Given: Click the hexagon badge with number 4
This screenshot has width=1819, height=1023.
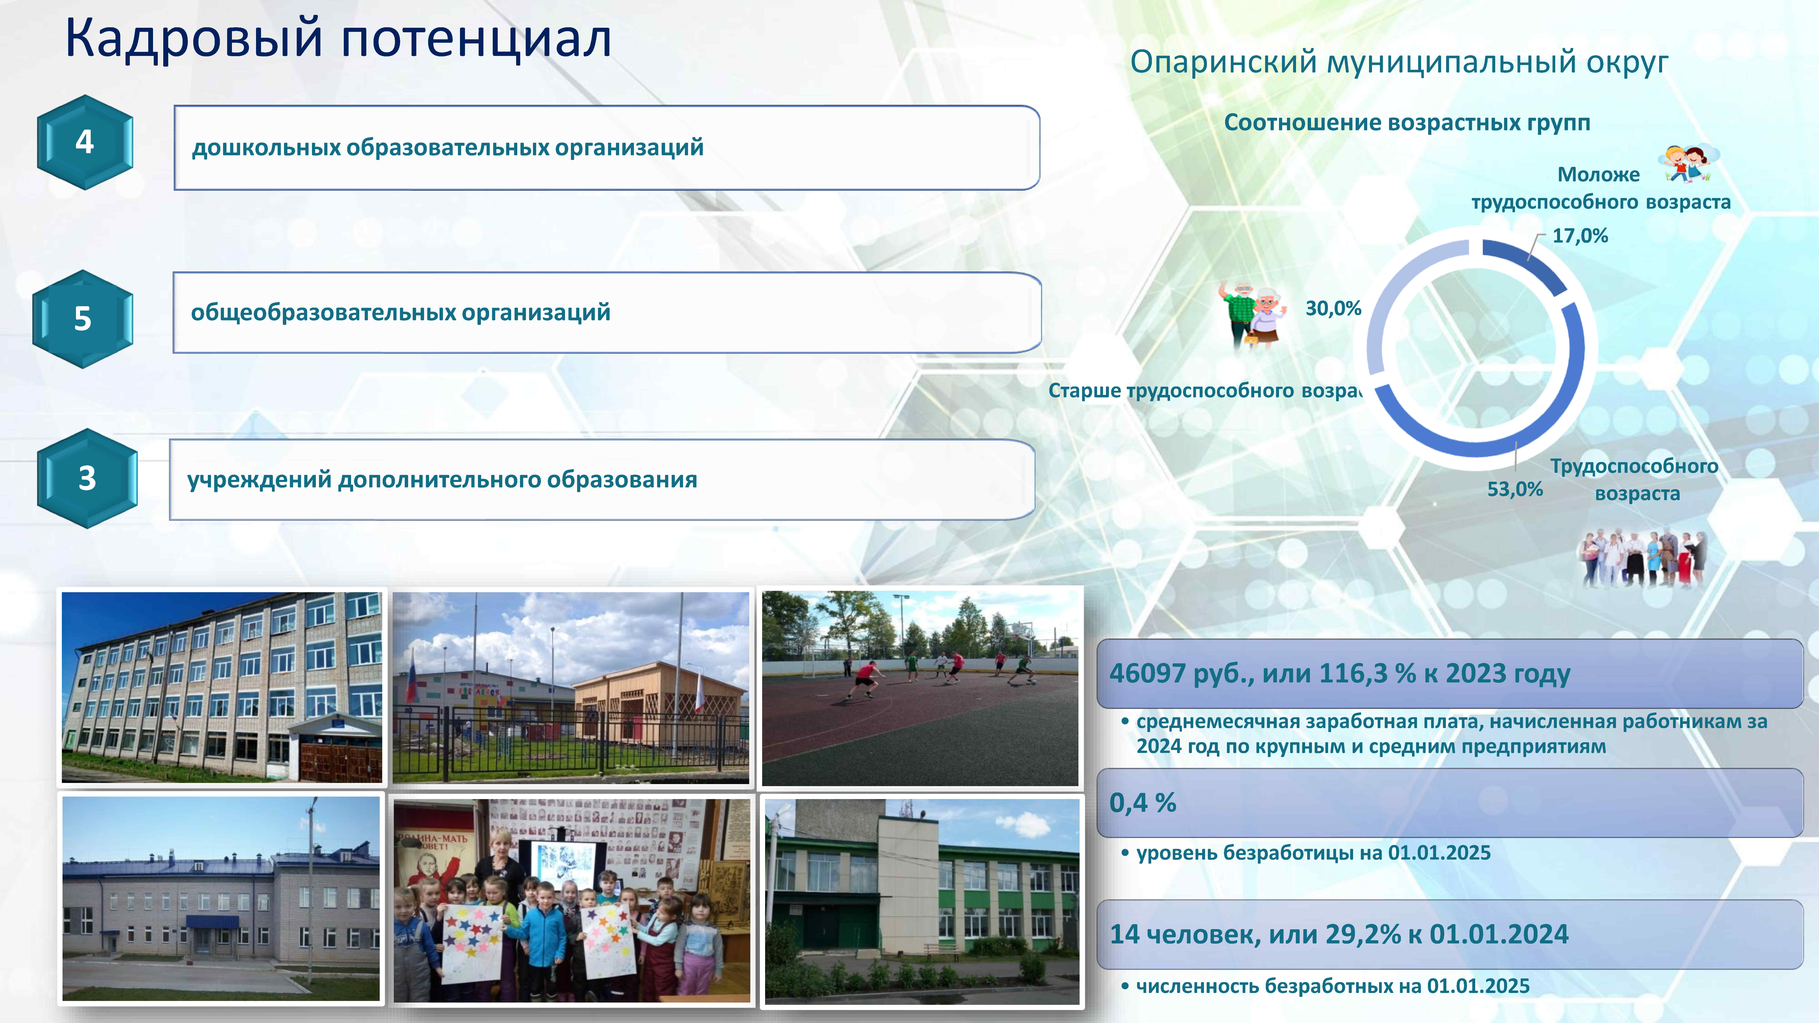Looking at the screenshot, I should [x=85, y=142].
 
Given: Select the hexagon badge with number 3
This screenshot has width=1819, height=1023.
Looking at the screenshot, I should [x=87, y=478].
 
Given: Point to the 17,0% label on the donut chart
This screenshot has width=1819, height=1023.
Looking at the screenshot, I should [x=1580, y=236].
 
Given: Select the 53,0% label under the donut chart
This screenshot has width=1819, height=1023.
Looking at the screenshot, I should [x=1515, y=489].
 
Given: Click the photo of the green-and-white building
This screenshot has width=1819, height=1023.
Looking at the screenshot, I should [x=922, y=900].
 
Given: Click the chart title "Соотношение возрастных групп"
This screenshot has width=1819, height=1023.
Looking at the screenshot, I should [x=1407, y=123].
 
